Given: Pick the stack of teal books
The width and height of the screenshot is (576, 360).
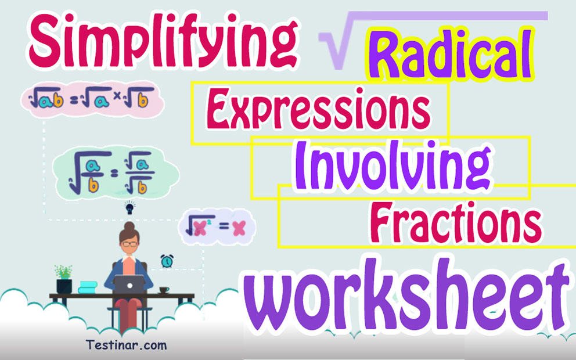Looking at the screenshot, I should tap(88, 287).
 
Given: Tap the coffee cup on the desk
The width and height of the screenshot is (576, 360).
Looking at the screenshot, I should tap(164, 289).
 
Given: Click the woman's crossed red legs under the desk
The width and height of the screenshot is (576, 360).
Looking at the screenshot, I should tap(129, 316).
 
